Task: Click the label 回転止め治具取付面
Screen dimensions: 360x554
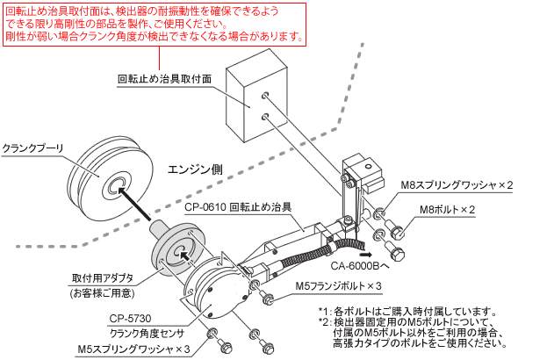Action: pyautogui.click(x=164, y=78)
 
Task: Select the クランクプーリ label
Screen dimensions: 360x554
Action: pyautogui.click(x=32, y=148)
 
